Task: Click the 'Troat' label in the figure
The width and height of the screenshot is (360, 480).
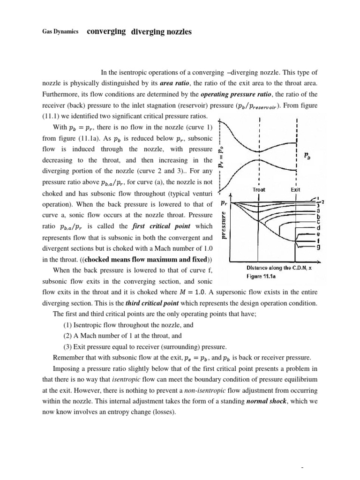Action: [259, 189]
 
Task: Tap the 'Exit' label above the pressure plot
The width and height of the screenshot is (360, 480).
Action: [295, 189]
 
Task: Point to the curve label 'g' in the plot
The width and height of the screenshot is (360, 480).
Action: [319, 248]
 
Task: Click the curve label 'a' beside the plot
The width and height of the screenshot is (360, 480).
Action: [319, 210]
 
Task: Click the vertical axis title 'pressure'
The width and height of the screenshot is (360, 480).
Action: [224, 226]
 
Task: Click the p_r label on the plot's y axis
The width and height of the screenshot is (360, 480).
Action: [224, 203]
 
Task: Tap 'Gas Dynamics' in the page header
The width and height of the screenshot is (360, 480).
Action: [59, 32]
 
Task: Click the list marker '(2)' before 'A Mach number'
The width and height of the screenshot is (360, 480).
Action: [68, 336]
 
